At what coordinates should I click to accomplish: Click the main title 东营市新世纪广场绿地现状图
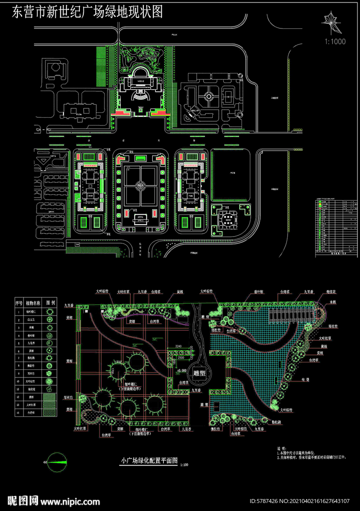87,12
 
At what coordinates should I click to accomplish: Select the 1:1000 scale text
335,41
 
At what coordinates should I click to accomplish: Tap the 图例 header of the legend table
50,302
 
